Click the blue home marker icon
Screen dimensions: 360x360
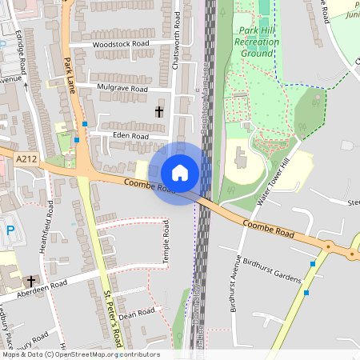tap(180, 173)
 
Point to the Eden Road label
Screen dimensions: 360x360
tap(131, 137)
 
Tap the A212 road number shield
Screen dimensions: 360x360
tap(26, 160)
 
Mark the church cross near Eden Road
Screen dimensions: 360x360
tap(159, 112)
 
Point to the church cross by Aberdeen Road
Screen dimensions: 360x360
tap(31, 282)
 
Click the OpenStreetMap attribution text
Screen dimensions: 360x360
tap(80, 354)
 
